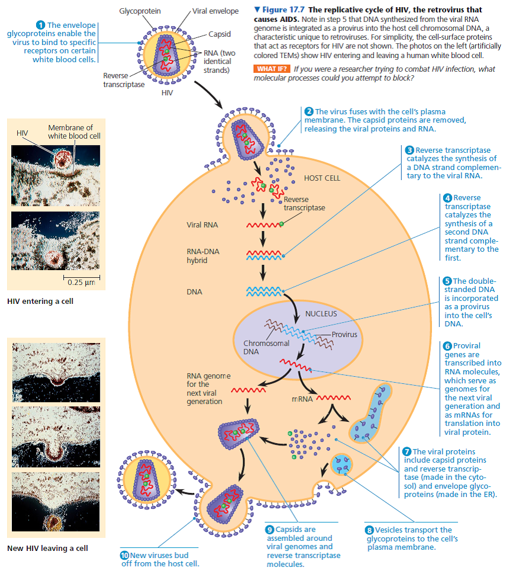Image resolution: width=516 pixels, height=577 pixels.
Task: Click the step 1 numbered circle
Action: [x=41, y=24]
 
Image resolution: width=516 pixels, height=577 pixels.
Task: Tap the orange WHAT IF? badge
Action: [x=271, y=69]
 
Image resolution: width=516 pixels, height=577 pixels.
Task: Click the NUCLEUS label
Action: [x=321, y=313]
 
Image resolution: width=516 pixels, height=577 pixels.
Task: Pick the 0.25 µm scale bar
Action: [x=81, y=277]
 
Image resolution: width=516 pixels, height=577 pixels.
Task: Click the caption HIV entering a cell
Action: [x=40, y=302]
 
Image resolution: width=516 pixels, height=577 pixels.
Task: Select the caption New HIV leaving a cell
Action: [x=47, y=548]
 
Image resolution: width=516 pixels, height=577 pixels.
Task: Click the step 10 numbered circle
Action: [x=124, y=555]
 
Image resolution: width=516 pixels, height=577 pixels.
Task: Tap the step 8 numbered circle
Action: [x=370, y=530]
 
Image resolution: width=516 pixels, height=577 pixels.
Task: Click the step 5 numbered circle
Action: [x=448, y=281]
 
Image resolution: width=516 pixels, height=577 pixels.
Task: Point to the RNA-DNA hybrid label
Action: [x=203, y=256]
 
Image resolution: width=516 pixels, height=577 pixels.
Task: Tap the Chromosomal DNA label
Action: [x=266, y=347]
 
